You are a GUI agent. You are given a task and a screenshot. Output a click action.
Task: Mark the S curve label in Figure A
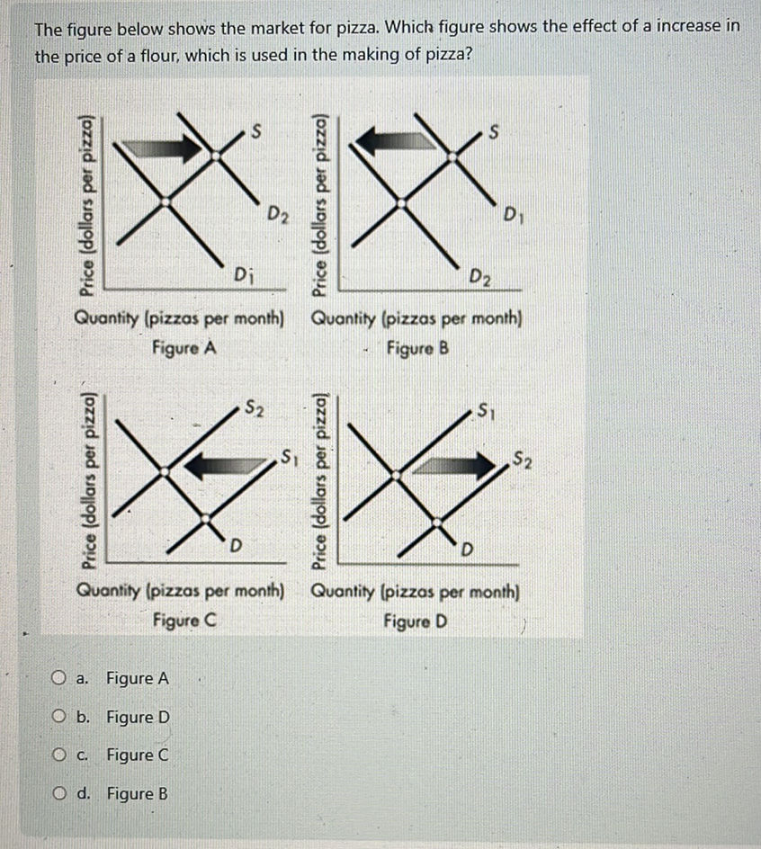point(256,133)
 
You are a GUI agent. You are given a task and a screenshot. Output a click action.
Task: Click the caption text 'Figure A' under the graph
point(183,346)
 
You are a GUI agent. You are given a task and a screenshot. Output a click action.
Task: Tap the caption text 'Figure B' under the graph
point(416,346)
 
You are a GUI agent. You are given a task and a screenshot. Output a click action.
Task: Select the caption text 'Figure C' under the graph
point(183,620)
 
